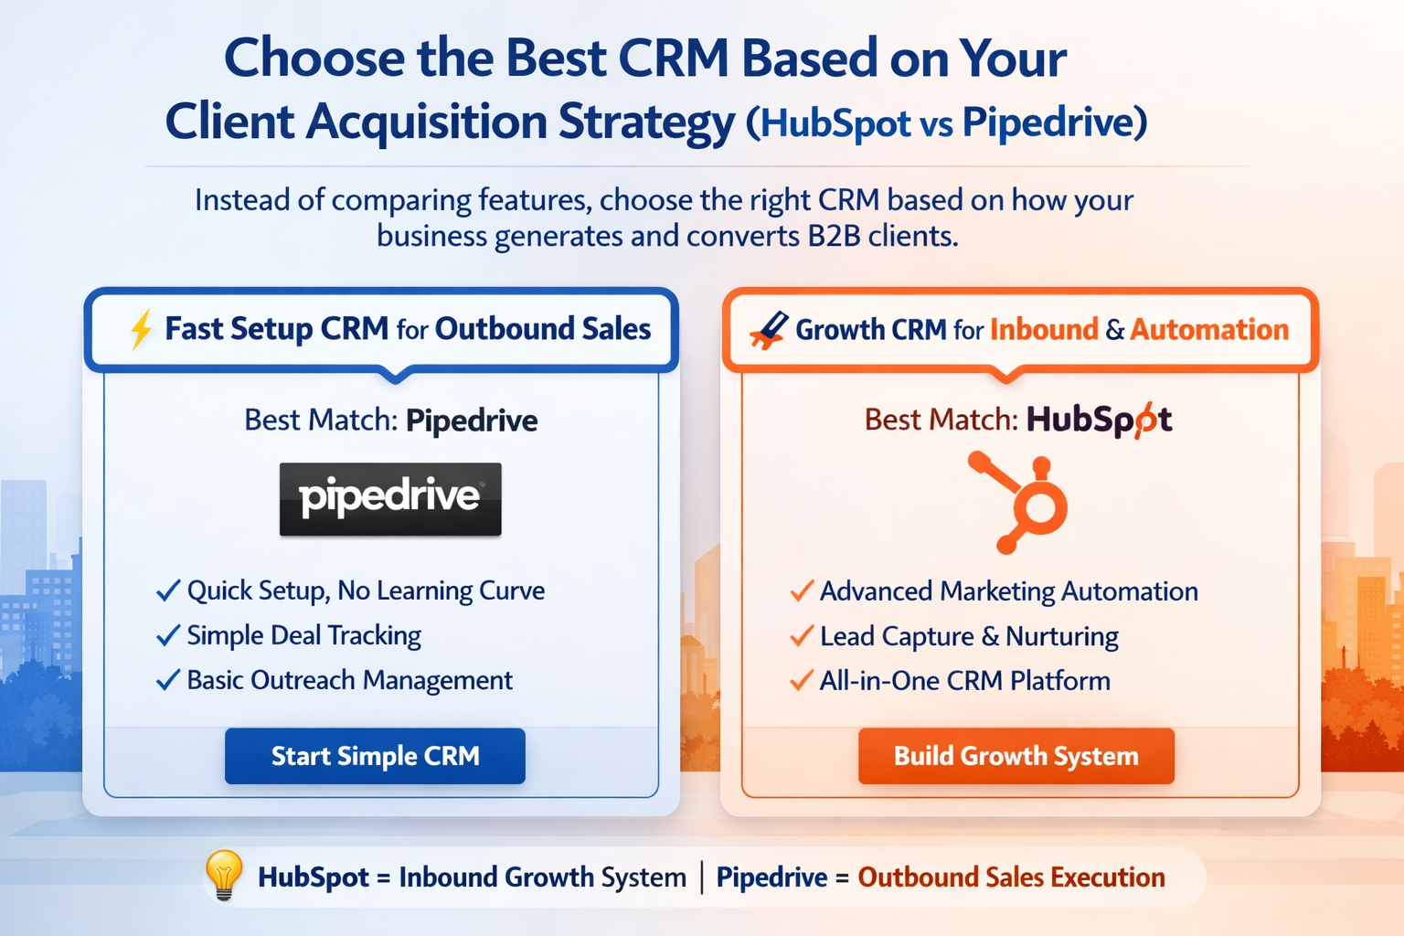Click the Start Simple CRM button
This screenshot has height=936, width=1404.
375,756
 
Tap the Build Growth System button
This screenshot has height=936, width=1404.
1016,756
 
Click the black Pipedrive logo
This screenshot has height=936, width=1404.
390,498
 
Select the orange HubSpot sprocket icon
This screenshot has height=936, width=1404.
1022,502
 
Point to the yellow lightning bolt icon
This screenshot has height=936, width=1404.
141,329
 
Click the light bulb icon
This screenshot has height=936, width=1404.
224,874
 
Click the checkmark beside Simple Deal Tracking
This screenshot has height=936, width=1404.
168,635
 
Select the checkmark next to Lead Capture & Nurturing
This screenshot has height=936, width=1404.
802,635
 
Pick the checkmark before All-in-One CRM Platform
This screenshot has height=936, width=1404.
802,680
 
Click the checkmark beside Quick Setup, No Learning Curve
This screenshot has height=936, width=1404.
168,590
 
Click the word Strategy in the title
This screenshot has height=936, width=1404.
646,122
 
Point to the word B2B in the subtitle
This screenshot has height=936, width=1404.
834,236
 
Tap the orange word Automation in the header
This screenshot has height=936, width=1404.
1209,329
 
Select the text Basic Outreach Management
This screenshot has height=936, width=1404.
349,680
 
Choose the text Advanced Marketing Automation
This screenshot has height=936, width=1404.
1008,591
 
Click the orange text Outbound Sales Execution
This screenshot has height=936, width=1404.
1011,877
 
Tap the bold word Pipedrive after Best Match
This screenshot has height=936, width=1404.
472,420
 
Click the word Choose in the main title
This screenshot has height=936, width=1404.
314,58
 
